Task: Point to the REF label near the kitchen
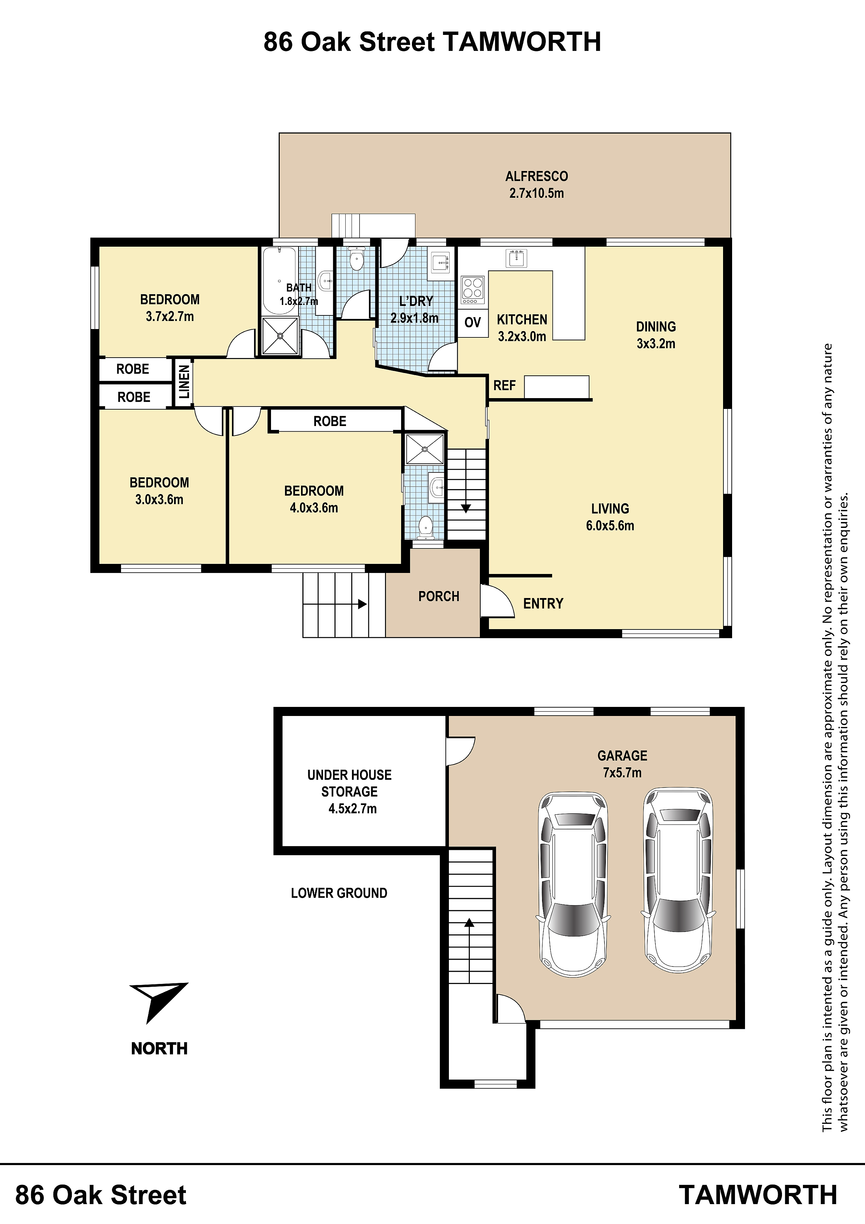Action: (x=504, y=386)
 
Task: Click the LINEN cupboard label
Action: (x=184, y=382)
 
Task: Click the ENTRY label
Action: (x=543, y=604)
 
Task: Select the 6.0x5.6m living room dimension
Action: (x=610, y=525)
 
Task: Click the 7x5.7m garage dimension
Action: (x=623, y=773)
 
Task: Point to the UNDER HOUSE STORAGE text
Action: (x=349, y=783)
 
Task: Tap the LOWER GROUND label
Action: (x=339, y=893)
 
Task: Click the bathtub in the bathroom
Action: (x=279, y=281)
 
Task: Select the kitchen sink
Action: (x=516, y=258)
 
